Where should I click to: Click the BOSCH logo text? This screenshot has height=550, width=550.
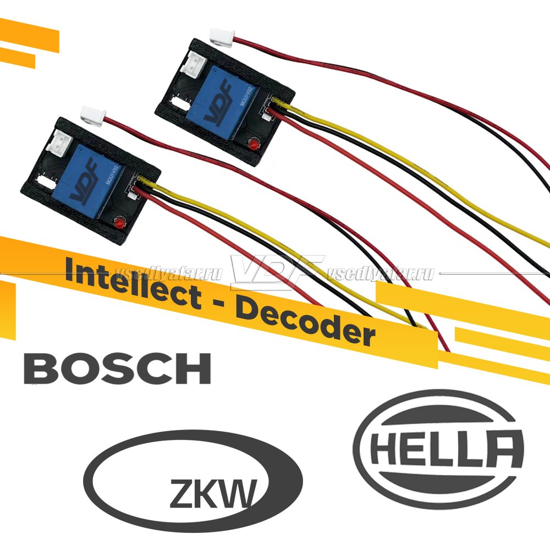coord(117,369)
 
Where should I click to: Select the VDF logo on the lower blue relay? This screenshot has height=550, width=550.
coord(87,178)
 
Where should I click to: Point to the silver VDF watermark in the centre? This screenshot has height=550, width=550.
coord(275,273)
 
